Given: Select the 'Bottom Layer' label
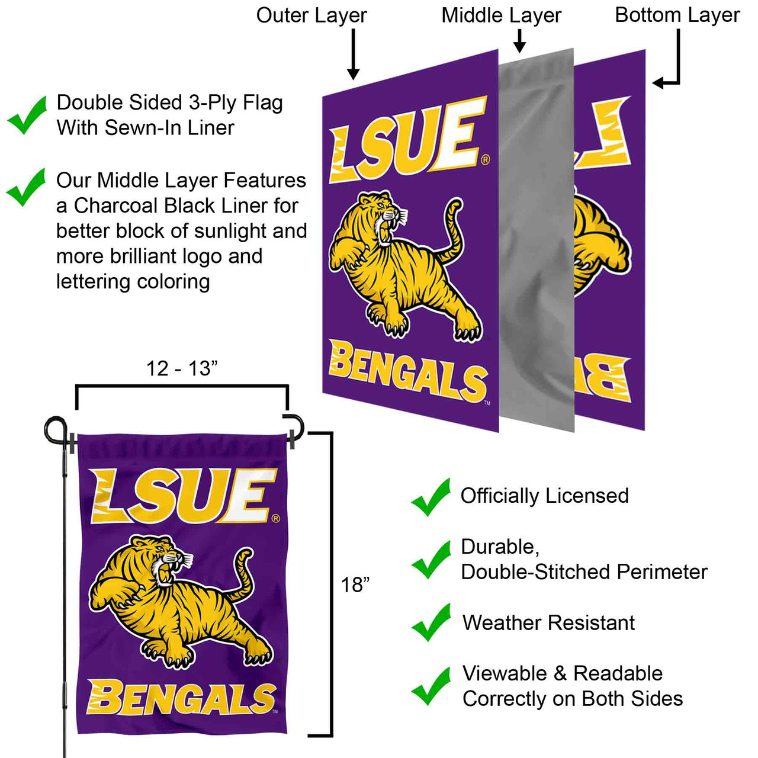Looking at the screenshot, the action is [x=677, y=16].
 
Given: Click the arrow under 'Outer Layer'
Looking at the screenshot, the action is [x=353, y=54].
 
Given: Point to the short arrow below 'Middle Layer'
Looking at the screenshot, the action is [x=519, y=41].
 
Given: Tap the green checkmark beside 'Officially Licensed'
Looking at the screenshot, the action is [x=431, y=497].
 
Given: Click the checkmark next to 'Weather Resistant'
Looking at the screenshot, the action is [x=431, y=622].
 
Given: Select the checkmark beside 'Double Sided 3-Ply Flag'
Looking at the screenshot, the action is [x=27, y=115].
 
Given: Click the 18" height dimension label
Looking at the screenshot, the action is [x=355, y=585].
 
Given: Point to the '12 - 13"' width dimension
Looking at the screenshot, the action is [x=182, y=368].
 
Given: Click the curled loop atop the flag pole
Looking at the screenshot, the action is [x=56, y=430].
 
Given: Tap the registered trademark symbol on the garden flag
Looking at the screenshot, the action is [x=276, y=518].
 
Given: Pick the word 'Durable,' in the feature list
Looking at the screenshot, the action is [x=500, y=547].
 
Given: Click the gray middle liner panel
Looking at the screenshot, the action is [x=537, y=240].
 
